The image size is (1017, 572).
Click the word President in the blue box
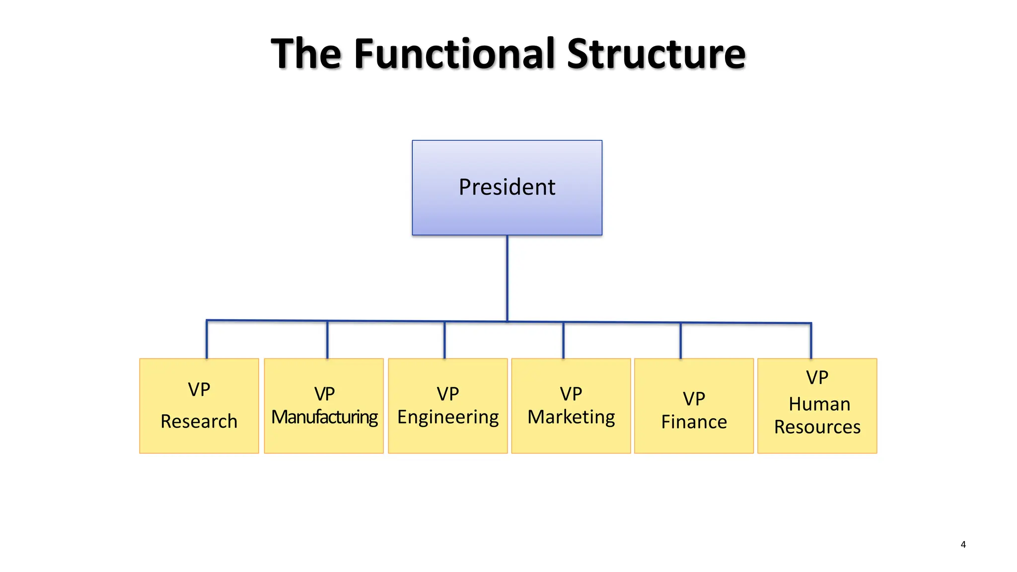(x=507, y=187)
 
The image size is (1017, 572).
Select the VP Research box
(x=199, y=437)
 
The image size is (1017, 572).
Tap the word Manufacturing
(x=324, y=417)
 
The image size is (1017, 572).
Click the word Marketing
(x=571, y=417)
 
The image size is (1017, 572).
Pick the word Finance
(x=694, y=422)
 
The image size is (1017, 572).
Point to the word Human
(x=819, y=404)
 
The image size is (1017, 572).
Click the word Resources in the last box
(x=817, y=427)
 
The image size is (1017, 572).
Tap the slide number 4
(x=963, y=544)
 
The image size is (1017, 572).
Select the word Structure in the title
(x=655, y=53)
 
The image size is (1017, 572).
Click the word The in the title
(x=305, y=53)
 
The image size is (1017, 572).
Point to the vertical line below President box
(x=507, y=278)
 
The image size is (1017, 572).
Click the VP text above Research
(x=199, y=390)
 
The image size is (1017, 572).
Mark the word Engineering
(x=448, y=417)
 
